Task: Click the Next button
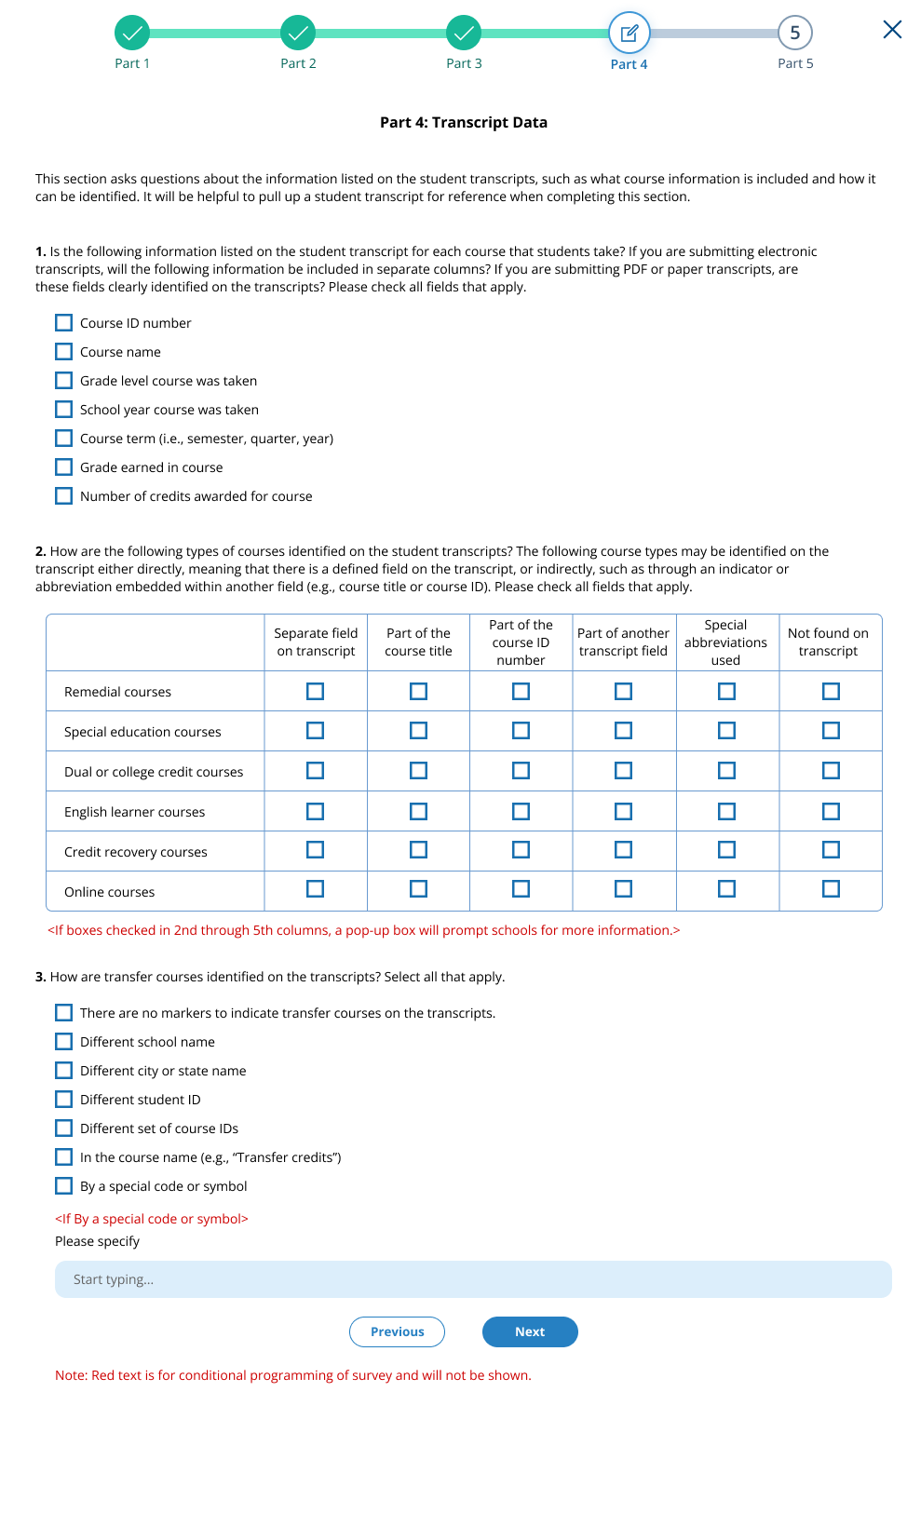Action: tap(530, 1331)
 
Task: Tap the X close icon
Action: tap(892, 30)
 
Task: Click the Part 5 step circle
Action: tap(795, 33)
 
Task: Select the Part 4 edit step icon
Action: tap(629, 34)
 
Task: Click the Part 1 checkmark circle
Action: tap(132, 33)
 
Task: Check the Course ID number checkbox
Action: tap(63, 323)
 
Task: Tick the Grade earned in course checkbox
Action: tap(63, 467)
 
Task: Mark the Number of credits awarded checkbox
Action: tap(63, 496)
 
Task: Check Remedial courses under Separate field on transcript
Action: tap(316, 691)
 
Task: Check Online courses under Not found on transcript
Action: tap(831, 889)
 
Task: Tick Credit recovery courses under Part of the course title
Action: tap(419, 850)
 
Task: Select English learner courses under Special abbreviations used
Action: tap(727, 812)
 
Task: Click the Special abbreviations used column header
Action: tap(726, 642)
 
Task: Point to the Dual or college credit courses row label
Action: tap(154, 772)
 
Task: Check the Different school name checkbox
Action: tap(63, 1042)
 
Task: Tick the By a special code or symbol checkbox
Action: tap(63, 1186)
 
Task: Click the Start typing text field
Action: tap(473, 1279)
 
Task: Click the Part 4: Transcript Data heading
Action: tap(464, 123)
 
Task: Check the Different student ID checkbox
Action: tap(63, 1100)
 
